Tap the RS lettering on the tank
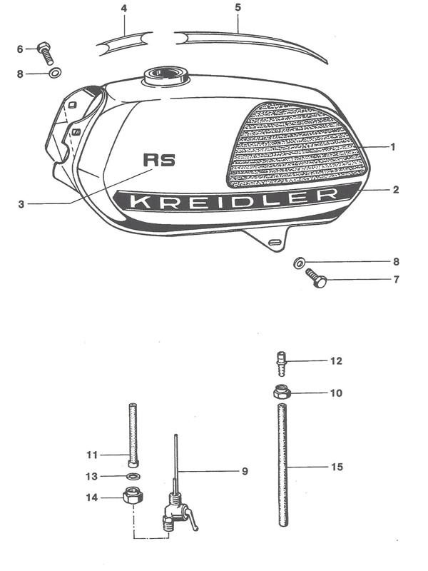(159, 160)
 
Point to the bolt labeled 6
(45, 53)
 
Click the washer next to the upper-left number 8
(55, 73)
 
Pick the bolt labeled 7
(316, 278)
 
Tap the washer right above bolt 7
(299, 263)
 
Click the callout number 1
(393, 147)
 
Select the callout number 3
(21, 204)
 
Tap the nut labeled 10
(282, 393)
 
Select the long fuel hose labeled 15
(282, 465)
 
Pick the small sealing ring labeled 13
(133, 476)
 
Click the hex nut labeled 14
(133, 495)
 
